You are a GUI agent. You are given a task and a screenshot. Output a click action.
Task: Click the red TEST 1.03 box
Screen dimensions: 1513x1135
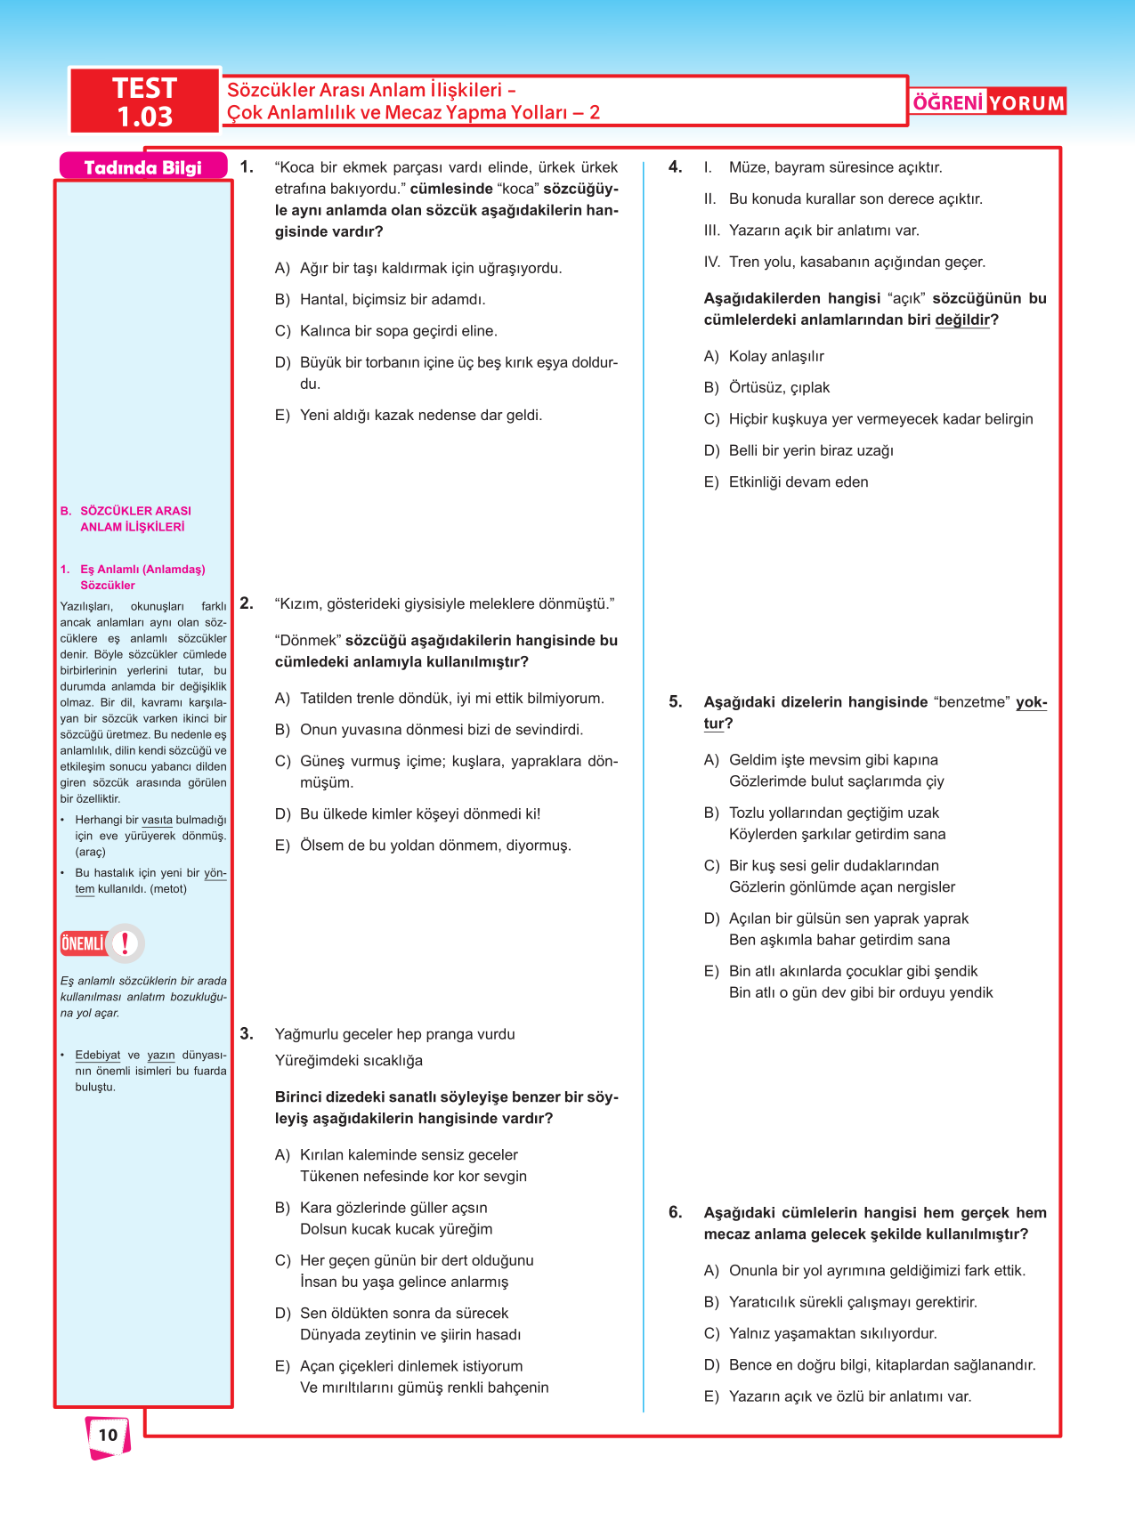(x=144, y=101)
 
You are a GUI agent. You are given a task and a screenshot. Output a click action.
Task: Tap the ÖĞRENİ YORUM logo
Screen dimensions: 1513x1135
(x=988, y=102)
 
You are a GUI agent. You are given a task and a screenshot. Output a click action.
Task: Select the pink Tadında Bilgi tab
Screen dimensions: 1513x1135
(x=142, y=167)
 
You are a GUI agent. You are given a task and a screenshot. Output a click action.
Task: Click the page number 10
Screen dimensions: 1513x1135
(x=108, y=1435)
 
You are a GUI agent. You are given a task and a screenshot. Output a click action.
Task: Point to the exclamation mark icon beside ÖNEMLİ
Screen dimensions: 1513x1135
(x=126, y=943)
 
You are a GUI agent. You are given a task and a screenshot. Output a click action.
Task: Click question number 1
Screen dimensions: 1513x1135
(x=247, y=166)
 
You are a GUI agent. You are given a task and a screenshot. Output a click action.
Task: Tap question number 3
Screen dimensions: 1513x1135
(x=247, y=1033)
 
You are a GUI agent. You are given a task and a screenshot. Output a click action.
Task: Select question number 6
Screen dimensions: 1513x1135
(x=676, y=1212)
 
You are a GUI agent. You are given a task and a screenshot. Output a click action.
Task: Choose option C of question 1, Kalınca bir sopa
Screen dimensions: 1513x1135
(x=398, y=331)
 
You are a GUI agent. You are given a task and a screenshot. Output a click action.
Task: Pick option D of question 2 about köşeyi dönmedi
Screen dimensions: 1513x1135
(x=419, y=813)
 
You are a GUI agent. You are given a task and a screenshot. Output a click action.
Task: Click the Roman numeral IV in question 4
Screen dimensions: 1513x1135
(x=712, y=262)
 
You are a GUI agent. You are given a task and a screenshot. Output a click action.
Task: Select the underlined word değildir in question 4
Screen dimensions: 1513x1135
(x=961, y=320)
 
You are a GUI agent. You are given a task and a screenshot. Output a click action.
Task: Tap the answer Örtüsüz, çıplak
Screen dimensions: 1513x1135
(x=779, y=387)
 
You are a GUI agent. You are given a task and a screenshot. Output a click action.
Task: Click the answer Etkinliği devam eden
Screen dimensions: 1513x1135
(x=798, y=481)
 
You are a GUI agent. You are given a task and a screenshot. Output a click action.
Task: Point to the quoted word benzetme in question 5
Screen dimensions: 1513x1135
(x=973, y=702)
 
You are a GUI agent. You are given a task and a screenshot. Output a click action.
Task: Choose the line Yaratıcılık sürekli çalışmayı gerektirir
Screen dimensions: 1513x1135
(x=852, y=1302)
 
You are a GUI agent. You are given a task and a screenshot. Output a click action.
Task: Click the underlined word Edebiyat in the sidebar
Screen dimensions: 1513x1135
(x=98, y=1056)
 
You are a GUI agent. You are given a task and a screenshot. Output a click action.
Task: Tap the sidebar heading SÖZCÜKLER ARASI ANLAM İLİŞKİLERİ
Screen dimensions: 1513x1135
(x=134, y=519)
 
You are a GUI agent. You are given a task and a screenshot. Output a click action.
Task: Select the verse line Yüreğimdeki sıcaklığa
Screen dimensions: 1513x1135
(x=349, y=1061)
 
